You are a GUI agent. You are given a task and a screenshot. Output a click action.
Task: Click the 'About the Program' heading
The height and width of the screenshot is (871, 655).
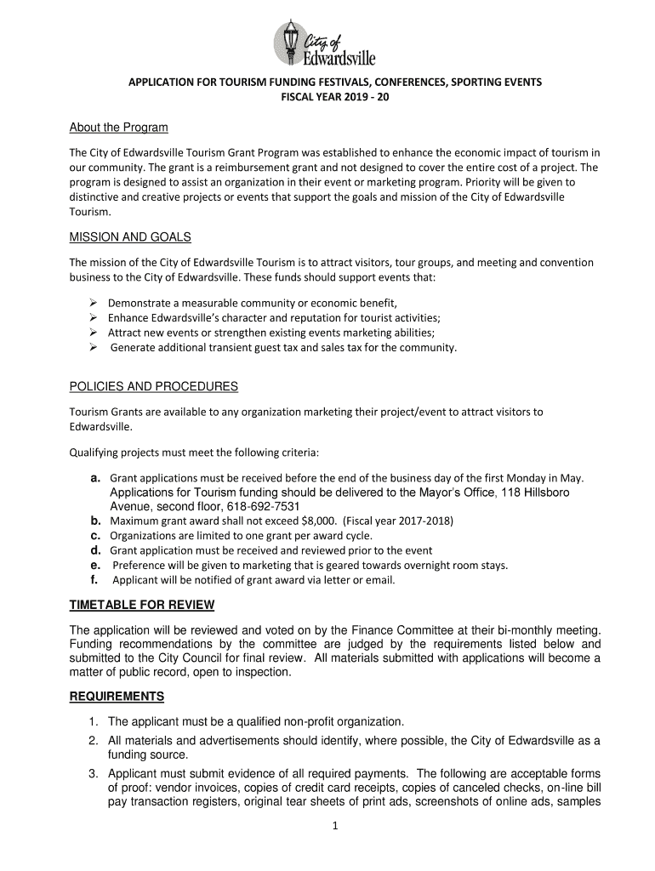[x=118, y=128]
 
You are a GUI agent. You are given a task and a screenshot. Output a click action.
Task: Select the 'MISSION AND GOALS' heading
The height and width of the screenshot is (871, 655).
[x=130, y=236]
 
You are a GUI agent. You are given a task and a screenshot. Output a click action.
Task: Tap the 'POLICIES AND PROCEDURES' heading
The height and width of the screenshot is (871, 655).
[x=153, y=387]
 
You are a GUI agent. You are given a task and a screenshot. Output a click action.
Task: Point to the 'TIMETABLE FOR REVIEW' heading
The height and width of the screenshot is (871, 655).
[x=141, y=605]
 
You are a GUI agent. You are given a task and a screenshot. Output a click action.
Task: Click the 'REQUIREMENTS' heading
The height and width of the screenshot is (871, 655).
[x=117, y=697]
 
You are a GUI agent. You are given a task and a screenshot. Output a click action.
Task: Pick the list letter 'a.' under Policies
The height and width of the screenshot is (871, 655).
[x=96, y=478]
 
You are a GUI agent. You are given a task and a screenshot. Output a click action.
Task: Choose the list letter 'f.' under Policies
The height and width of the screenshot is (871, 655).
[x=94, y=580]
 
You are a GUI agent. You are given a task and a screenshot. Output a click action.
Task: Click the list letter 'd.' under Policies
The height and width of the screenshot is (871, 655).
[x=96, y=550]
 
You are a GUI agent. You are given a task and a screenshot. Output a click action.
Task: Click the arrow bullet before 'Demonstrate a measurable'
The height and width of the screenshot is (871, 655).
[x=94, y=303]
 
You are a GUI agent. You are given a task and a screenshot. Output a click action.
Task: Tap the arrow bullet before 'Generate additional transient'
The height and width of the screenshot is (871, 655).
[x=94, y=348]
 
